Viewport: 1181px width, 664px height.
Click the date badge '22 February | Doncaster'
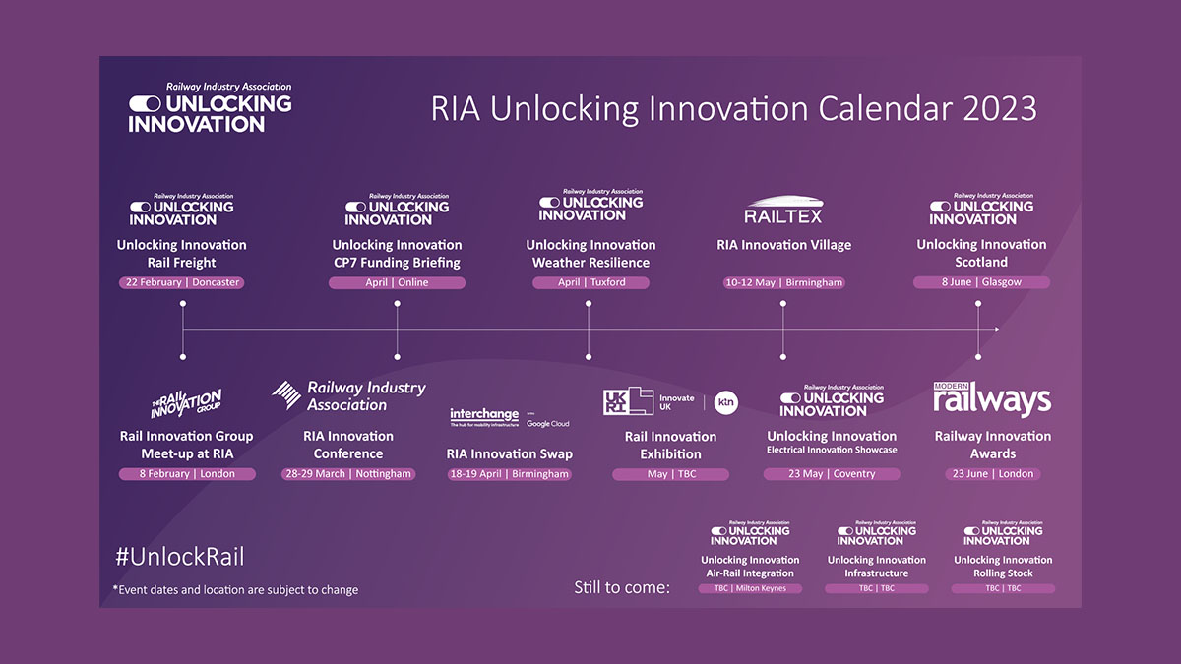(x=181, y=282)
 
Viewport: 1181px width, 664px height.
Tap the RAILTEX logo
(x=782, y=210)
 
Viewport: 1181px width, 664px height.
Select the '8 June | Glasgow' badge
(x=981, y=282)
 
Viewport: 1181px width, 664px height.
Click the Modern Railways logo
(x=992, y=398)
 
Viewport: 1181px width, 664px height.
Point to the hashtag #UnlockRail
(x=179, y=557)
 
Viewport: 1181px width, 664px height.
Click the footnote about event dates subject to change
(x=235, y=590)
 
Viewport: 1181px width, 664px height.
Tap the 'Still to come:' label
(x=622, y=587)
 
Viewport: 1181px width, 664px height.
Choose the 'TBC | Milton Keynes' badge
(x=750, y=588)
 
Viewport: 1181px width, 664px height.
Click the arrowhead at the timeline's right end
(x=997, y=329)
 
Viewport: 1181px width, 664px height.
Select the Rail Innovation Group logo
(x=186, y=403)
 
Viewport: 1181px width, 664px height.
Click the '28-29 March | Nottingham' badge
(x=348, y=474)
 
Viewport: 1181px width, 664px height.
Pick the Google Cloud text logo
(x=547, y=423)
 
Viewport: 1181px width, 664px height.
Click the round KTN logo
(x=726, y=401)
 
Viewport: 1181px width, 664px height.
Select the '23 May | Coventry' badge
(x=832, y=474)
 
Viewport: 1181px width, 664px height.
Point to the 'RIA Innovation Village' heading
(x=783, y=245)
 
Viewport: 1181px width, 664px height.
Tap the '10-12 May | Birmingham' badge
(x=783, y=282)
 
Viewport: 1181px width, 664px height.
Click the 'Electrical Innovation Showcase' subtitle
(x=832, y=451)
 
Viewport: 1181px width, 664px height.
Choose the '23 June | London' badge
(x=992, y=474)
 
